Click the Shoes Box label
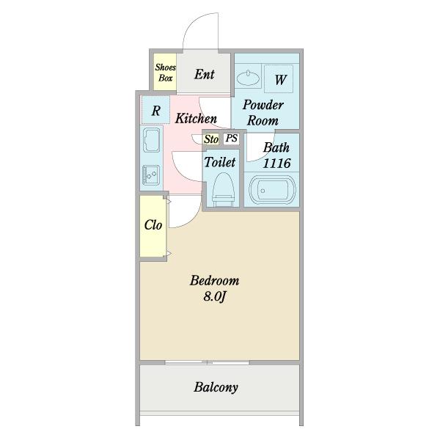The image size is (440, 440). pos(165,73)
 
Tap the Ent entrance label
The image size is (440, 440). pos(205,74)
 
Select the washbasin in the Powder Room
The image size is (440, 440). pos(248,78)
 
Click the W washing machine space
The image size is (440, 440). pos(279,78)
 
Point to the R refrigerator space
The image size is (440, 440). pos(155,110)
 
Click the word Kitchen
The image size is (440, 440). pos(196,118)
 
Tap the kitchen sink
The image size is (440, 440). pos(152,140)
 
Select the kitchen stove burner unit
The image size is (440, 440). pos(151,175)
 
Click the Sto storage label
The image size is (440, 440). pos(211,139)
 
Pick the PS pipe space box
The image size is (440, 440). pos(232,139)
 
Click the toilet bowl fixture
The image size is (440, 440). pos(224,190)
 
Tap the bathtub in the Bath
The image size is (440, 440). pos(272,191)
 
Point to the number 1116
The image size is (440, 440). pos(276,164)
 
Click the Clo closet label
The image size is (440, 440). pos(153,225)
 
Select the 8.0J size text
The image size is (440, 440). pos(215,296)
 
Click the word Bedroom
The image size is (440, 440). pos(214,281)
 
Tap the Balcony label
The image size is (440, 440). pos(216,387)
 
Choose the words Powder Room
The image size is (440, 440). pos(263,113)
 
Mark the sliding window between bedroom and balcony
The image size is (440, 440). pos(207,362)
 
